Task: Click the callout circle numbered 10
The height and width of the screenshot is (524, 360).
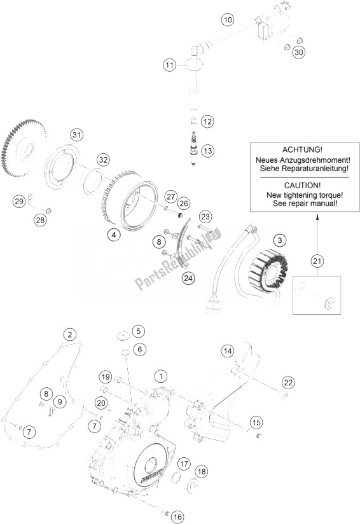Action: point(227,20)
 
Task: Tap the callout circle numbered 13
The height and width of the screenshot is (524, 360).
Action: point(207,151)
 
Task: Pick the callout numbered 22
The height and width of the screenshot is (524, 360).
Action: point(288,382)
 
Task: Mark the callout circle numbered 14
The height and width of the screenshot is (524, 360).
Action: point(228,350)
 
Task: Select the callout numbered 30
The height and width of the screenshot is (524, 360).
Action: point(298,52)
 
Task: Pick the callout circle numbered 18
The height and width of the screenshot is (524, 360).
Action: point(201,471)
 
